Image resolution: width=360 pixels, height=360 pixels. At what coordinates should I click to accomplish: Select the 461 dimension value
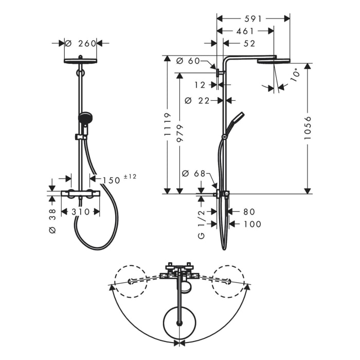(245, 31)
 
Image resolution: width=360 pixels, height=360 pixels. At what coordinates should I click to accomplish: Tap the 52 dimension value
(249, 44)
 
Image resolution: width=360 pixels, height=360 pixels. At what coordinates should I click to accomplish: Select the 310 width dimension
(80, 211)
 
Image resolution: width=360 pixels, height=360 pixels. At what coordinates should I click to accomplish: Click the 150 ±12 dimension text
(118, 179)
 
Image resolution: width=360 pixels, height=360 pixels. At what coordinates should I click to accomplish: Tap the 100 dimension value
(252, 224)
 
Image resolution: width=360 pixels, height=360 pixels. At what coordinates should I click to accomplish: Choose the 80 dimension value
(249, 211)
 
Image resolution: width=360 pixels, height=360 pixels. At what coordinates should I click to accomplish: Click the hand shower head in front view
(85, 119)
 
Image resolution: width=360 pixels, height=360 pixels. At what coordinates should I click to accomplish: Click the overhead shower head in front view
(81, 61)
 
